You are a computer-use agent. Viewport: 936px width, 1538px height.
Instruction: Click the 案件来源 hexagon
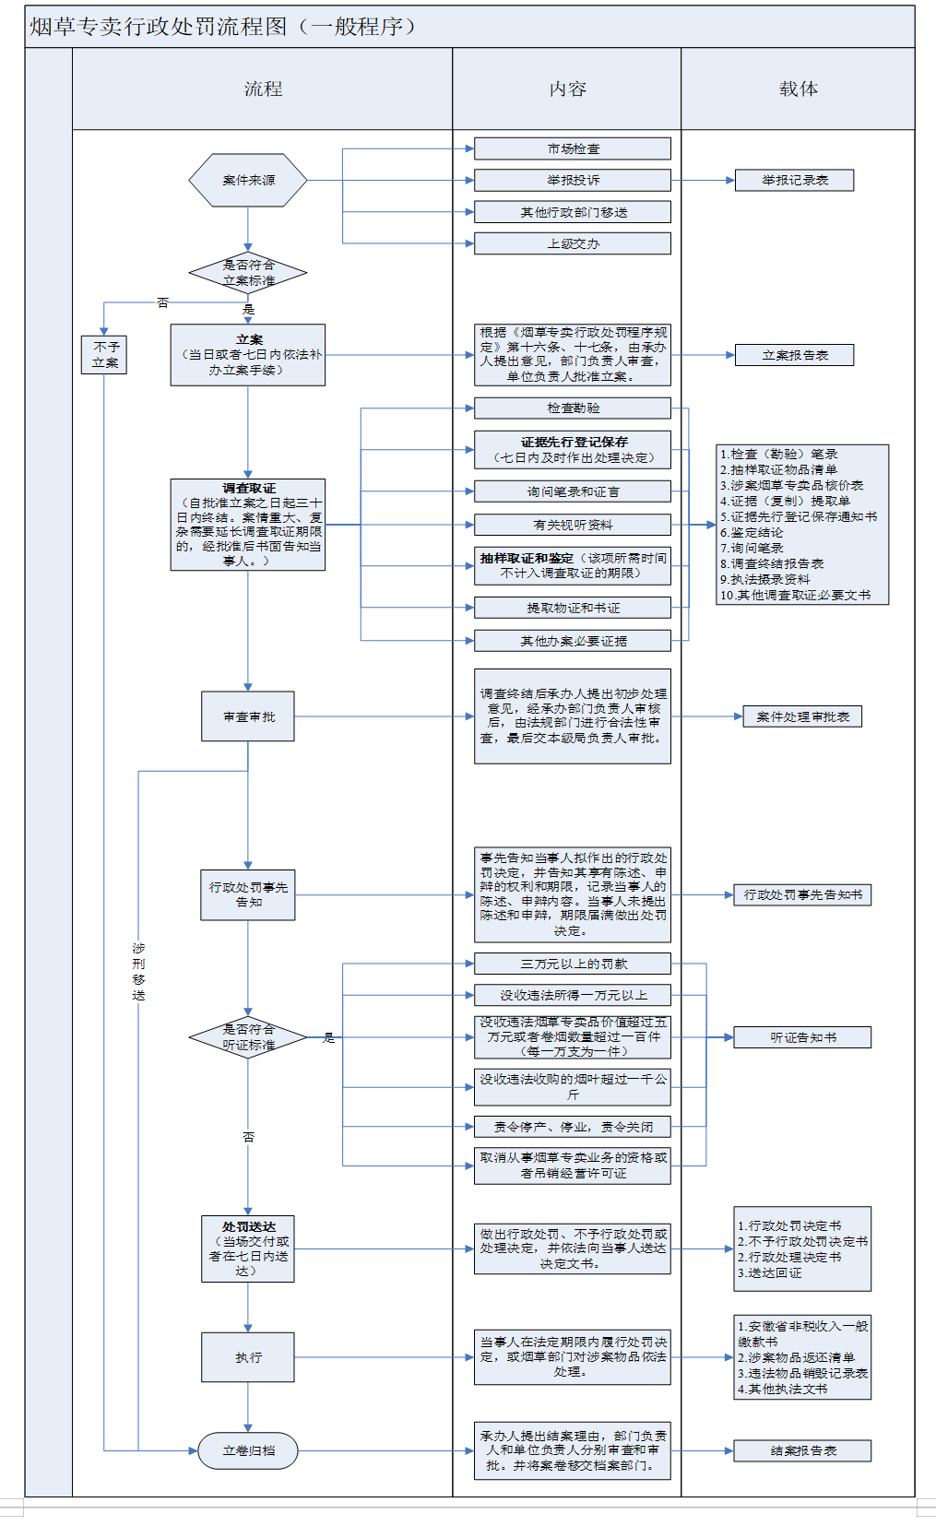[x=248, y=181]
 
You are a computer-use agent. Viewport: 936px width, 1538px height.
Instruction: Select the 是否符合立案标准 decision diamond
[x=248, y=273]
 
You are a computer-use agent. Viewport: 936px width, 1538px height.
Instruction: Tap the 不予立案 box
[x=104, y=355]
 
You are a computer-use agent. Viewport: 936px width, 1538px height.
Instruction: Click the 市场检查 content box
[x=573, y=148]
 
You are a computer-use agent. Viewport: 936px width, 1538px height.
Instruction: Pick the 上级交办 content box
[x=573, y=243]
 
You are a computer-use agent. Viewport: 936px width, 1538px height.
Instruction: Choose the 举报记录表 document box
[x=794, y=180]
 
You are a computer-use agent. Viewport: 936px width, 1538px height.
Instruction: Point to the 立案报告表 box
[x=794, y=355]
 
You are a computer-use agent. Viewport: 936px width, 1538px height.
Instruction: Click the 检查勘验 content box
[x=573, y=408]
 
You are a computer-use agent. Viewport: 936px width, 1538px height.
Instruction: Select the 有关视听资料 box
[x=573, y=525]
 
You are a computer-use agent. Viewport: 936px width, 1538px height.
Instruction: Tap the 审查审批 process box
[x=248, y=716]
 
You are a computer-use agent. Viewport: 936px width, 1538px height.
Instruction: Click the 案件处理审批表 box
[x=802, y=716]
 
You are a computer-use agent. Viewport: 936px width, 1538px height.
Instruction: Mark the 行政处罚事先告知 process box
[x=248, y=894]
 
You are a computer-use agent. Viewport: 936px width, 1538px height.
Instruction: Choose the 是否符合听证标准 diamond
[x=248, y=1037]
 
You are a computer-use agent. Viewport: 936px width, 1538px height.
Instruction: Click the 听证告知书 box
[x=802, y=1037]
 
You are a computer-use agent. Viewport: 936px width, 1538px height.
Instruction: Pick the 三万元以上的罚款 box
[x=573, y=964]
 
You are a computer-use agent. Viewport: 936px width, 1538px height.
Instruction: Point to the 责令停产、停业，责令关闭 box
[x=573, y=1127]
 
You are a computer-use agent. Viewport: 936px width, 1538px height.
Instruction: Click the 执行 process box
[x=248, y=1357]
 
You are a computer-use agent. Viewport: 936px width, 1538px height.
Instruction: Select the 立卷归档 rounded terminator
[x=248, y=1450]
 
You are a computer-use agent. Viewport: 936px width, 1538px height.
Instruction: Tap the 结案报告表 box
[x=802, y=1450]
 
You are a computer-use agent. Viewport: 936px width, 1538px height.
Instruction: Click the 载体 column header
[x=798, y=89]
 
